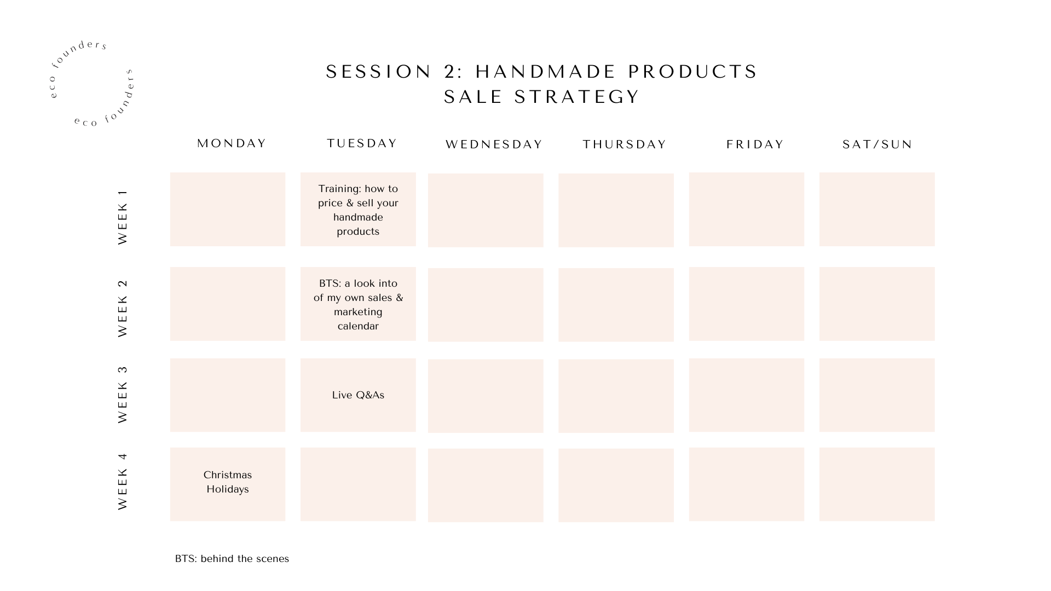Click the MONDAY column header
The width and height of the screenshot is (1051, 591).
click(x=232, y=143)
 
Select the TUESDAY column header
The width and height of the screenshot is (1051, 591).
click(x=362, y=143)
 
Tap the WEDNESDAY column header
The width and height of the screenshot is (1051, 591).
click(x=494, y=144)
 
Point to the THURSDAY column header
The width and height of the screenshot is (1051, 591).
click(x=625, y=144)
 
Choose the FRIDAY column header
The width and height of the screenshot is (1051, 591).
click(x=755, y=144)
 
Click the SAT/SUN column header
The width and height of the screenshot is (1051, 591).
click(x=877, y=144)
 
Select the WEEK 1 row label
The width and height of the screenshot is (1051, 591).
click(x=123, y=217)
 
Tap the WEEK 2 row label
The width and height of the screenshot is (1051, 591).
click(x=123, y=308)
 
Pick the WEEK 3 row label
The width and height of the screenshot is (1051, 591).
click(x=123, y=395)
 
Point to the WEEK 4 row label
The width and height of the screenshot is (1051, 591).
click(x=123, y=482)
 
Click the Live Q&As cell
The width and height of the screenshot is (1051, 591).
click(x=358, y=395)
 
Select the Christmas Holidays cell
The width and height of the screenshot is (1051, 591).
click(x=228, y=484)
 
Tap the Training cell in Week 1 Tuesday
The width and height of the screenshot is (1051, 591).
click(x=358, y=210)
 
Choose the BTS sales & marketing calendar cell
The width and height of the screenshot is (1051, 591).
click(x=358, y=304)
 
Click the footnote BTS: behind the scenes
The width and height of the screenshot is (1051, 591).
click(x=232, y=559)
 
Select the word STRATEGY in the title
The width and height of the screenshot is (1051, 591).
click(x=577, y=97)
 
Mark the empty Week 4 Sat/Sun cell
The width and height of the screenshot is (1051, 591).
click(x=877, y=484)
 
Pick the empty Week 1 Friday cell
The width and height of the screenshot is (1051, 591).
click(x=747, y=210)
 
